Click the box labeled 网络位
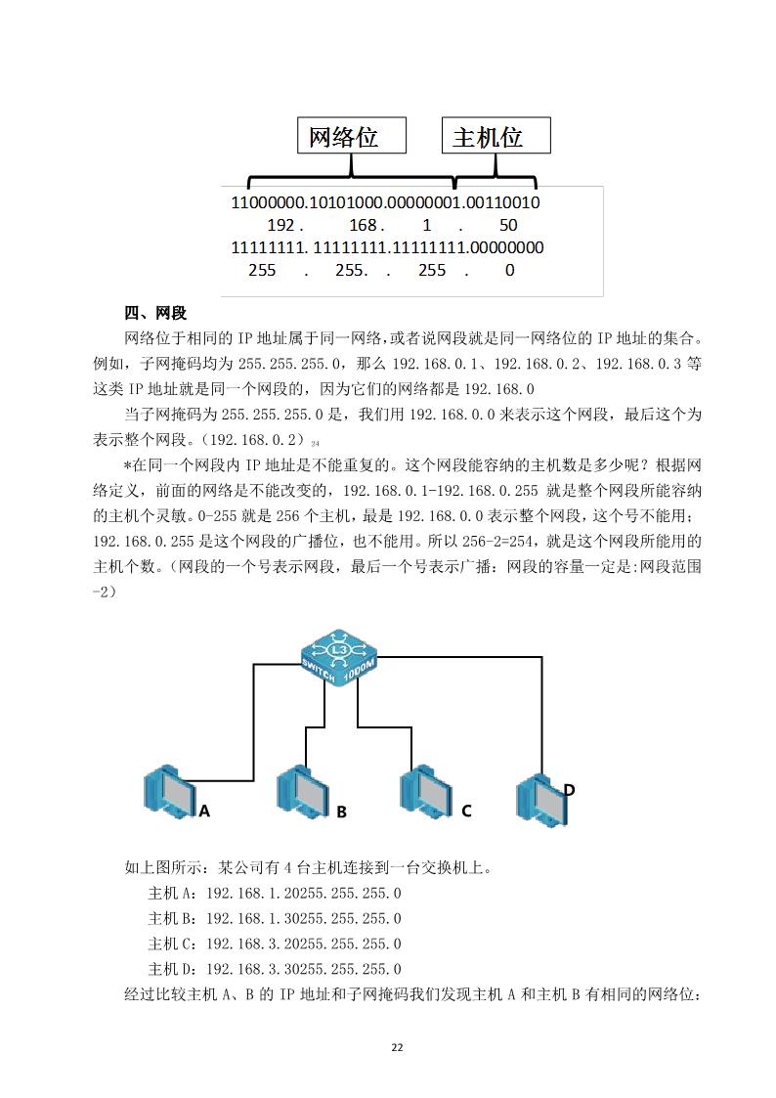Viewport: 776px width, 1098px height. coord(351,136)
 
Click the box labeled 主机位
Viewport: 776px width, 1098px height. coord(496,136)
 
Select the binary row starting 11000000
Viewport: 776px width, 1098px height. coord(385,203)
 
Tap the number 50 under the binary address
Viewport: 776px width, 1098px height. coord(507,226)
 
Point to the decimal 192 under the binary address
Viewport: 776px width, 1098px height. coord(283,226)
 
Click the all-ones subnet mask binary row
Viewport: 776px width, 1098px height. coord(387,247)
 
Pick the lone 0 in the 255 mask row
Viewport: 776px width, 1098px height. coord(509,270)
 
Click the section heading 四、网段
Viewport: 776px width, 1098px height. coord(155,313)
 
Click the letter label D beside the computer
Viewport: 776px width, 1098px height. coord(569,789)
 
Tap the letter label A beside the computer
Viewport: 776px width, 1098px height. coord(204,811)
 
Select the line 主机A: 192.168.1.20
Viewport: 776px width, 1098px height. coord(275,893)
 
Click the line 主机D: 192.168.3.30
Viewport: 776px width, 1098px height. coord(275,969)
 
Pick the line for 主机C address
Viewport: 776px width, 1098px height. coord(275,944)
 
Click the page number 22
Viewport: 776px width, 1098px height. coord(396,1047)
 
